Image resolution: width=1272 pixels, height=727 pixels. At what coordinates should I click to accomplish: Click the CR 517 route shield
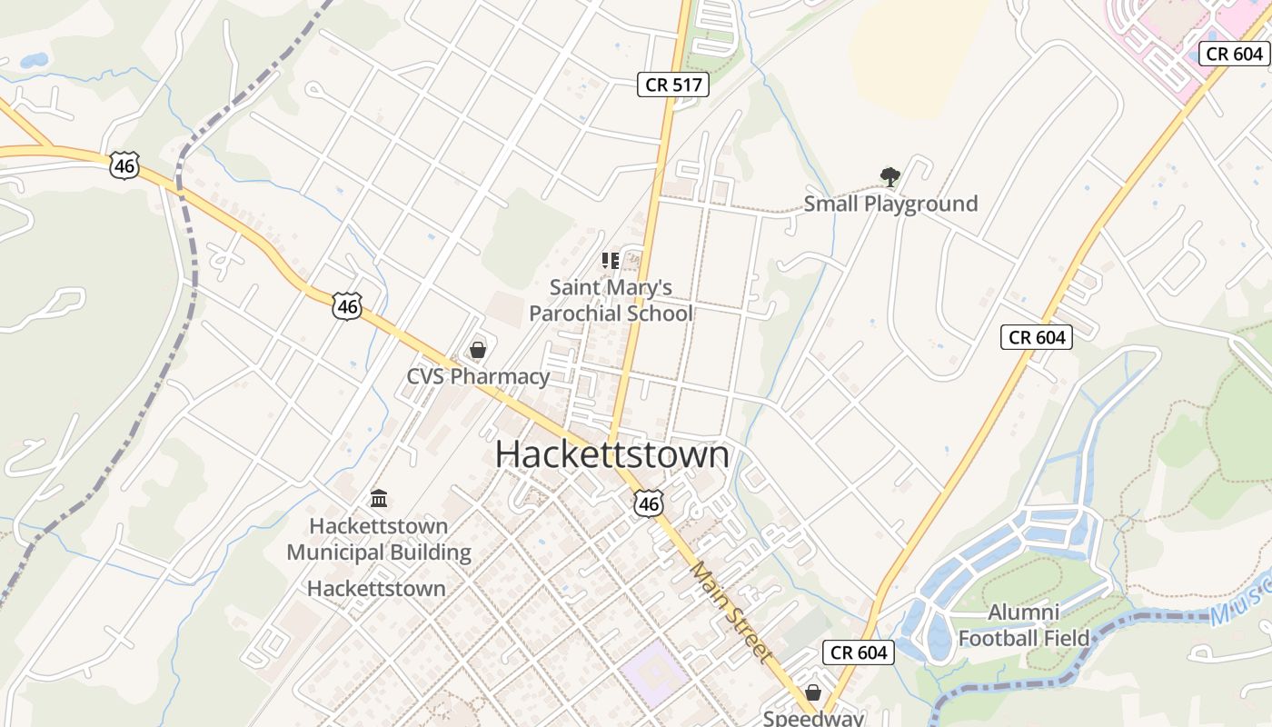coord(672,85)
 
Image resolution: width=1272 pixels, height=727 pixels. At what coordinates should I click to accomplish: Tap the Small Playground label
coord(890,204)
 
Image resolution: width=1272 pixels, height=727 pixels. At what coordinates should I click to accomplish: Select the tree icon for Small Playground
coord(890,176)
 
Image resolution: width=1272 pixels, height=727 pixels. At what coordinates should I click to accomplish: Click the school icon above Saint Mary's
coord(611,261)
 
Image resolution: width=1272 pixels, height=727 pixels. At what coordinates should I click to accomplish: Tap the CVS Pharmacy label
coord(478,376)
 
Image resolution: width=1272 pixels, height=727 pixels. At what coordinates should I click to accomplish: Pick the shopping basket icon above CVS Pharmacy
coord(478,350)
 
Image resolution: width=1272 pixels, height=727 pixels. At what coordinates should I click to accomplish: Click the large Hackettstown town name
coord(611,454)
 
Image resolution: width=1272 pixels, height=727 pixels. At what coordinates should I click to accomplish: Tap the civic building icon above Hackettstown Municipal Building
coord(379,498)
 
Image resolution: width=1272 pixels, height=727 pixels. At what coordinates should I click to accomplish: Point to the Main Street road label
coord(730,612)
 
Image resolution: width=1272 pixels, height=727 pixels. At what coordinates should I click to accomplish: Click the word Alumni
coord(1023,612)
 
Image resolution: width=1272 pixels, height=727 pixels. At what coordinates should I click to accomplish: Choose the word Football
coord(999,638)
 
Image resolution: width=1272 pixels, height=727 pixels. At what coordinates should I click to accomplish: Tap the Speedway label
coord(813,718)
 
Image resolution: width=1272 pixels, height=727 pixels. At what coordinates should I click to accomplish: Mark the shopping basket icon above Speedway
coord(813,692)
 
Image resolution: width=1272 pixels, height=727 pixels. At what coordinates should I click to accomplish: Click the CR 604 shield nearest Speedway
coord(859,652)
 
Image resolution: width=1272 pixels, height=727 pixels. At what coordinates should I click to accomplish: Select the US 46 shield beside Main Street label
coord(649,503)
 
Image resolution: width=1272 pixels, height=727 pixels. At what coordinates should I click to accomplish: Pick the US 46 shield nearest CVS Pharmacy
coord(347,306)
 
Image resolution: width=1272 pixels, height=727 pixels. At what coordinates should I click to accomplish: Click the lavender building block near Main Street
coord(654,673)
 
